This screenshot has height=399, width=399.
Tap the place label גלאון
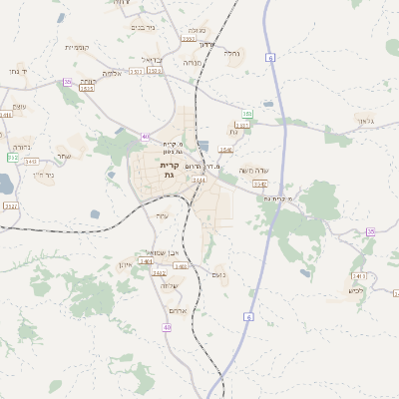pos(366,121)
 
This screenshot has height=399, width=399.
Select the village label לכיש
pos(355,290)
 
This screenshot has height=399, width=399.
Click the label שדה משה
pos(251,170)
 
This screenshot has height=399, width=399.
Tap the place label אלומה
pos(112,73)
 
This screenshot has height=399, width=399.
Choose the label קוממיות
pos(76,47)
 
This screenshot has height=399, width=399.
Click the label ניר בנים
pos(144,28)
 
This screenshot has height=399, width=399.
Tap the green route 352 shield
pos(12,157)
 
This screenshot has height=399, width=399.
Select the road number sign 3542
pos(259,184)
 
